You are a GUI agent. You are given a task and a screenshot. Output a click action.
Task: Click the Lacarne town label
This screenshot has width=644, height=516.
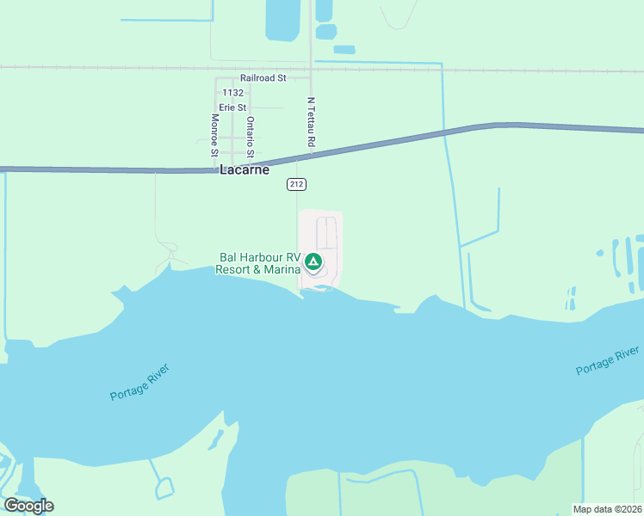point(245,169)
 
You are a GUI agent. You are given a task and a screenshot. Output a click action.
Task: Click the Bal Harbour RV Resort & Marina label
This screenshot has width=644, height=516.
point(259,263)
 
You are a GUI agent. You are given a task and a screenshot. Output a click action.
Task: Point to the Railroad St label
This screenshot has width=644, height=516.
point(263,77)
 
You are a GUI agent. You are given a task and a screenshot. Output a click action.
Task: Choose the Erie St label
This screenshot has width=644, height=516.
point(232,107)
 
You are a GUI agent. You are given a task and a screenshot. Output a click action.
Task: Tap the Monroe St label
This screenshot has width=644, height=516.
point(214,134)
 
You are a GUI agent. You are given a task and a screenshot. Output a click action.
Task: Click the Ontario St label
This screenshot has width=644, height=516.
point(250,137)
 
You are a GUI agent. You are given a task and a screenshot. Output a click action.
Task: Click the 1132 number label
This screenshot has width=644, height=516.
point(232,92)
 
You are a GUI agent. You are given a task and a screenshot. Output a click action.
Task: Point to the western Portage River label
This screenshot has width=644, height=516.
point(139,383)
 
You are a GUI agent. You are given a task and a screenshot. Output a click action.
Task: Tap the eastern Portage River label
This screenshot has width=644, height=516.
point(607,361)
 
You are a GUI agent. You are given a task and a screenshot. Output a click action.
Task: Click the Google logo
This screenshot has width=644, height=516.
point(28,506)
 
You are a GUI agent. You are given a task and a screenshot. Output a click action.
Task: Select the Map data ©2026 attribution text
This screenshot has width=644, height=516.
point(607,509)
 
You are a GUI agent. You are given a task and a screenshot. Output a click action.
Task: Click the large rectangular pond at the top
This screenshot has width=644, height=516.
point(282,20)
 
